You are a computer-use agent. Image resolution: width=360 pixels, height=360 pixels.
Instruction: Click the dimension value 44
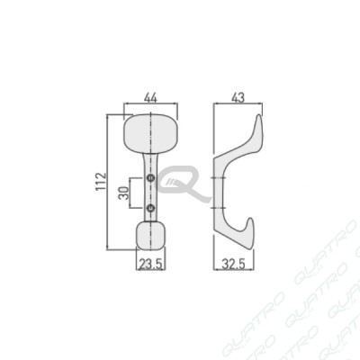pyautogui.click(x=150, y=98)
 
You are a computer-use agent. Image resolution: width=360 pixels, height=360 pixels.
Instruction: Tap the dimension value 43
pyautogui.click(x=238, y=98)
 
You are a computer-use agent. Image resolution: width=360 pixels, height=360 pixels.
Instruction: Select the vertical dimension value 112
pyautogui.click(x=101, y=182)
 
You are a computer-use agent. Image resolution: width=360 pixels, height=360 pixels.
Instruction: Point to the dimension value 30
pyautogui.click(x=123, y=193)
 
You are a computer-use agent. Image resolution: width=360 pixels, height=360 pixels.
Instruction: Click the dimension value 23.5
pyautogui.click(x=151, y=265)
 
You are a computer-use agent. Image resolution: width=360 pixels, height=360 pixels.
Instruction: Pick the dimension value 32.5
pyautogui.click(x=234, y=265)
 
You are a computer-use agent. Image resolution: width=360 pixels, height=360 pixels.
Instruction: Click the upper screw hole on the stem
pyautogui.click(x=150, y=178)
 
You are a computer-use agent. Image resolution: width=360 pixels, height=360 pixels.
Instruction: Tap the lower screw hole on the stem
pyautogui.click(x=150, y=207)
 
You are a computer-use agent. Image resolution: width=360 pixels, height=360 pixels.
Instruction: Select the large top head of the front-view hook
pyautogui.click(x=150, y=133)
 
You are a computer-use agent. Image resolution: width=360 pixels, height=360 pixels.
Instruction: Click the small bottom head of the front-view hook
pyautogui.click(x=150, y=236)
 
